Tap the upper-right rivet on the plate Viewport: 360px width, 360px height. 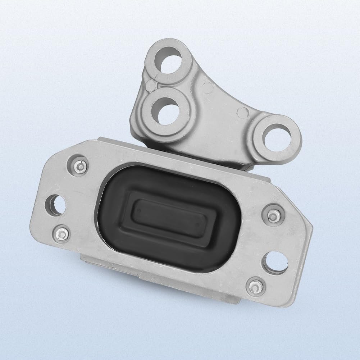tap(273, 215)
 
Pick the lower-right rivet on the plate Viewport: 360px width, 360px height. tap(255, 286)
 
